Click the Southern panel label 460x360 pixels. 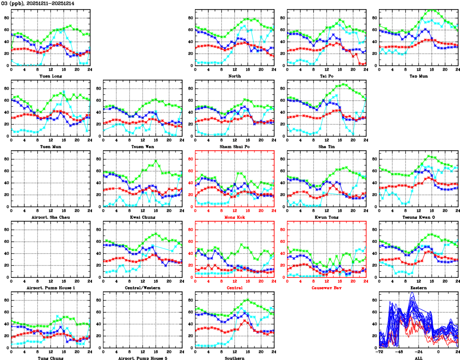pos(234,358)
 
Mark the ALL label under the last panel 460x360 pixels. pos(419,358)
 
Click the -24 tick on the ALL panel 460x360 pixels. pos(419,351)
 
